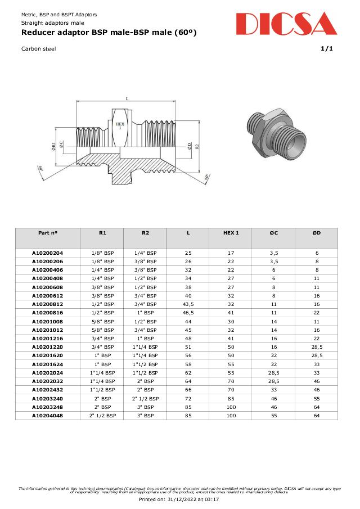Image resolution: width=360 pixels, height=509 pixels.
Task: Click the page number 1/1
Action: pos(326,48)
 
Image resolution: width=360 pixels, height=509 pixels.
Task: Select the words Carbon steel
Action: pos(38,48)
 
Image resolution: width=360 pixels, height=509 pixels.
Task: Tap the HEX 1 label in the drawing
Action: pos(120,125)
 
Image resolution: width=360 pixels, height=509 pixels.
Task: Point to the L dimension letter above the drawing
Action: pos(127,98)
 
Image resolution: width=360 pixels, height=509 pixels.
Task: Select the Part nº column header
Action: pos(48,233)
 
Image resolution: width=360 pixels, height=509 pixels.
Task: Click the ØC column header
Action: pos(273,233)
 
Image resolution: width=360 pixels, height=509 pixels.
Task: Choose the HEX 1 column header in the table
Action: pos(230,233)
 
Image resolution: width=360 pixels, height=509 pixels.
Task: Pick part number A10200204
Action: pos(48,254)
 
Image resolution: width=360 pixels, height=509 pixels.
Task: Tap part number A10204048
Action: pos(48,415)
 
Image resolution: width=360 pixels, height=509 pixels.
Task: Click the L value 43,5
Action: pos(188,304)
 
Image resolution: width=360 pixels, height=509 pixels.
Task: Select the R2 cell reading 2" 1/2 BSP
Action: pos(145,398)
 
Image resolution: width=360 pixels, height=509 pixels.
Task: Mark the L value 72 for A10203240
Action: pos(188,398)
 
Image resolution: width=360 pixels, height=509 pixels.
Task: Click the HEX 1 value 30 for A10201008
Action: pos(230,321)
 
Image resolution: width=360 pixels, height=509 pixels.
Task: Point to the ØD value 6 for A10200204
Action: pos(317,254)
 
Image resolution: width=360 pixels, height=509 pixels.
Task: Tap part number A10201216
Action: pos(48,339)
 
